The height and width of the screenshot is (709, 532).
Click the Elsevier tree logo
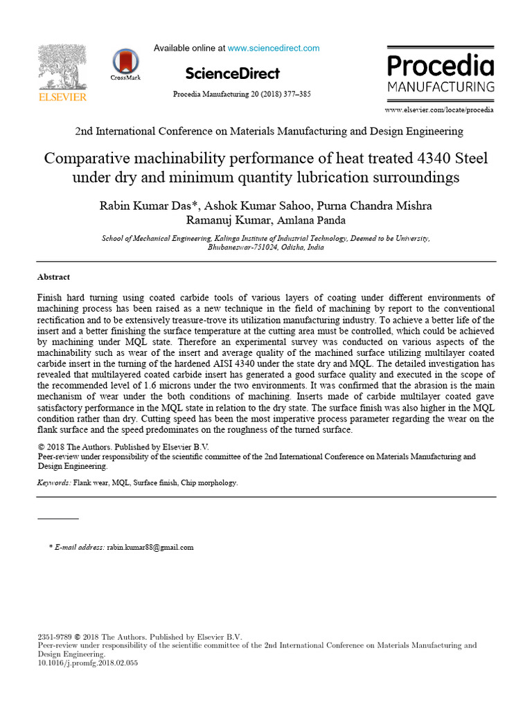(62, 67)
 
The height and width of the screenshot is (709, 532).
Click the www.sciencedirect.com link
(274, 48)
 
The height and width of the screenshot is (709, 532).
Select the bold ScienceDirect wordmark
(233, 73)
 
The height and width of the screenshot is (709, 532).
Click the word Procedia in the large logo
(441, 66)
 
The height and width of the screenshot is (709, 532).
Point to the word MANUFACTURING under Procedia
(441, 87)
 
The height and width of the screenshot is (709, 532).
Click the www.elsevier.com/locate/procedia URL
(439, 110)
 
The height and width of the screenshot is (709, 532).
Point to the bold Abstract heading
(53, 277)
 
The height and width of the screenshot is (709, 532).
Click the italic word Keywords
(53, 483)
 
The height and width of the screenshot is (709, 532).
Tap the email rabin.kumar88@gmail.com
(150, 547)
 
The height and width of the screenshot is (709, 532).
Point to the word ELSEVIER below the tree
(62, 98)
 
